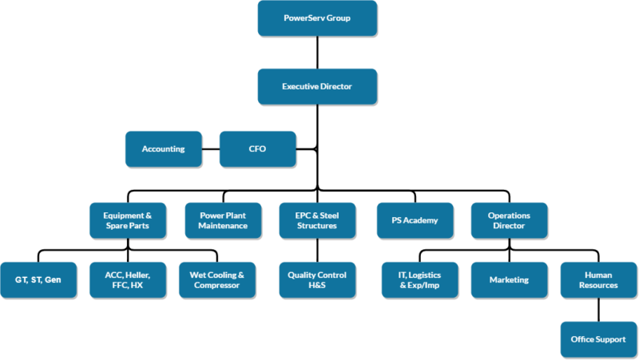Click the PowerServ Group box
(x=317, y=18)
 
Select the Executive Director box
(x=317, y=86)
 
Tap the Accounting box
(x=163, y=148)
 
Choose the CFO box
(x=257, y=148)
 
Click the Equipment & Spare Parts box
(x=127, y=220)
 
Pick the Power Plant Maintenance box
(x=223, y=220)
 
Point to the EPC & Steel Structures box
(x=317, y=220)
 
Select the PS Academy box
(x=415, y=220)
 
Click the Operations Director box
(x=509, y=220)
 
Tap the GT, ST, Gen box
(x=38, y=280)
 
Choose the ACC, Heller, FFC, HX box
(x=127, y=280)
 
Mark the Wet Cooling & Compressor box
(x=216, y=280)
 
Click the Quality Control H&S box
(x=317, y=280)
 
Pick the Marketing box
(x=509, y=280)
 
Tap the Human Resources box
(x=598, y=280)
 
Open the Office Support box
(x=598, y=339)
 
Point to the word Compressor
(x=216, y=286)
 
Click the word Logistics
(x=427, y=275)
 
